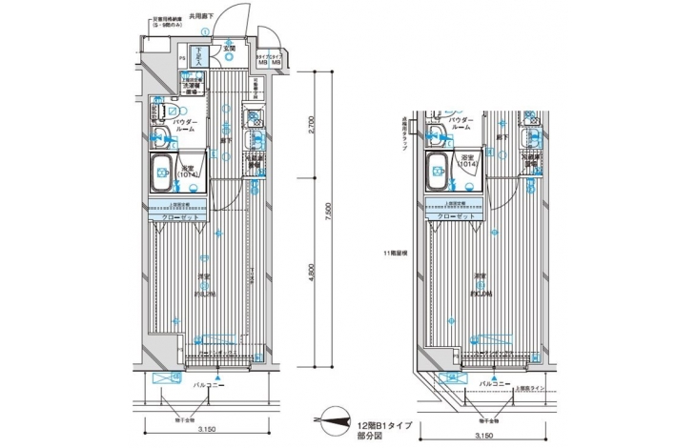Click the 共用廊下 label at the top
point(202,16)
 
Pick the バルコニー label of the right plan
point(492,382)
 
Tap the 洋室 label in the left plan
point(203,276)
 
